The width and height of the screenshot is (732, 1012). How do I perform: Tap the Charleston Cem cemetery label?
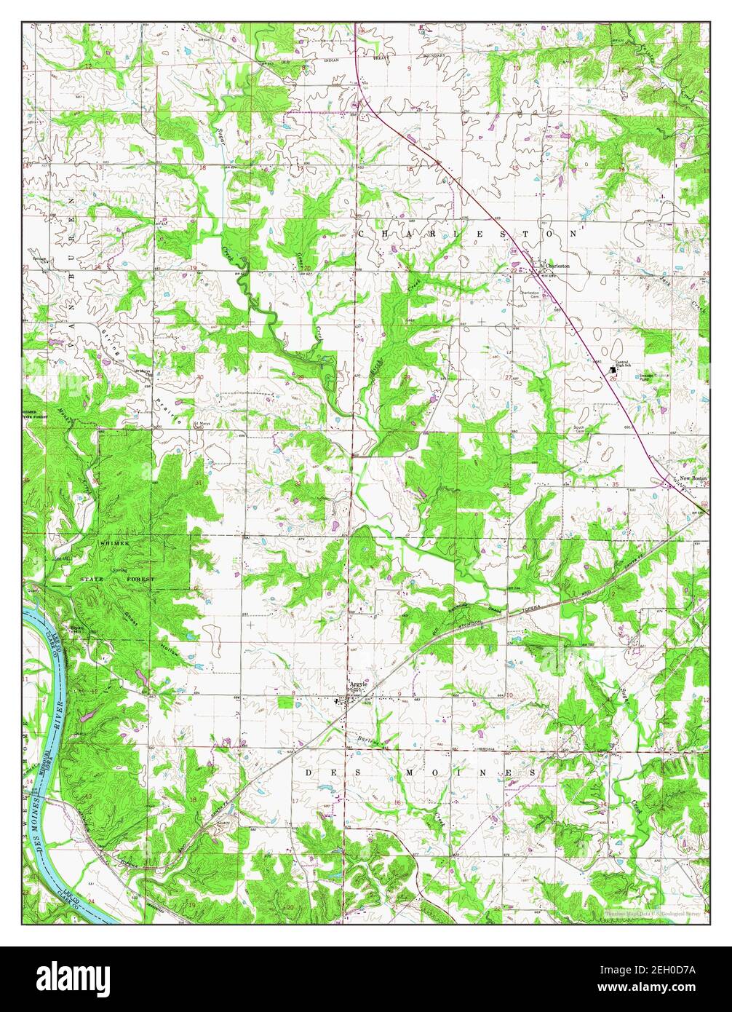click(529, 293)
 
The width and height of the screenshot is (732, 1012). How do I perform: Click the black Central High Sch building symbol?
click(612, 368)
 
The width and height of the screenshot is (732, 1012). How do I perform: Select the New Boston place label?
click(693, 478)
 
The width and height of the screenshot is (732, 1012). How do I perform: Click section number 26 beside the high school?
click(613, 379)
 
